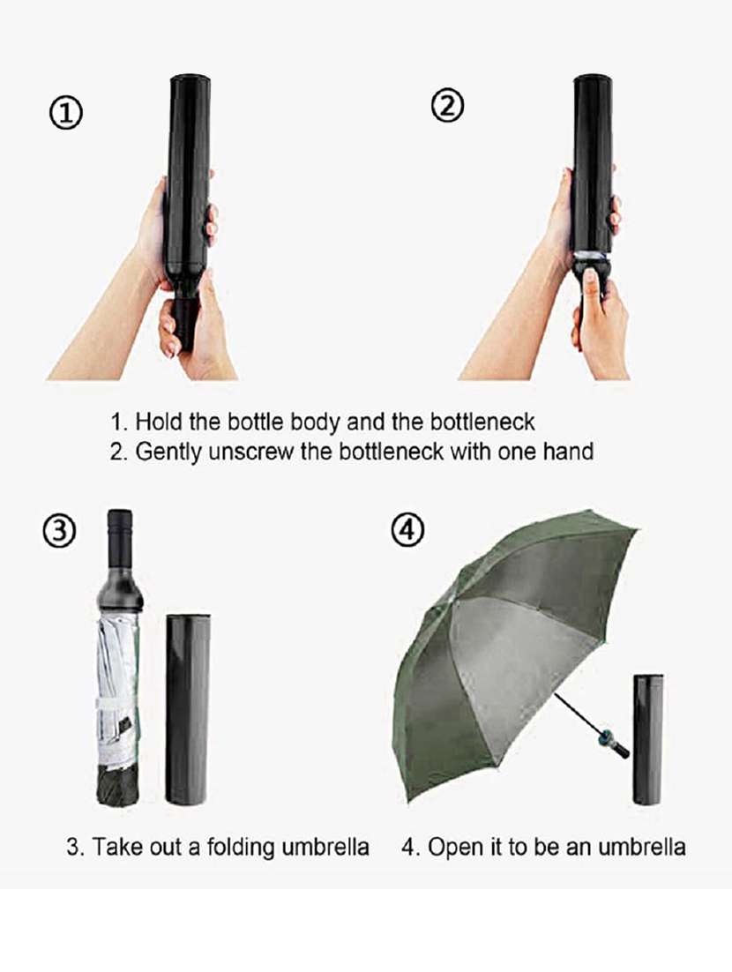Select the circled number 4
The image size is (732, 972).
pos(407,532)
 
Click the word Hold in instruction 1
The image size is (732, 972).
pos(154,422)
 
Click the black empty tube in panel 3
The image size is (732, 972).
pos(188,706)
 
